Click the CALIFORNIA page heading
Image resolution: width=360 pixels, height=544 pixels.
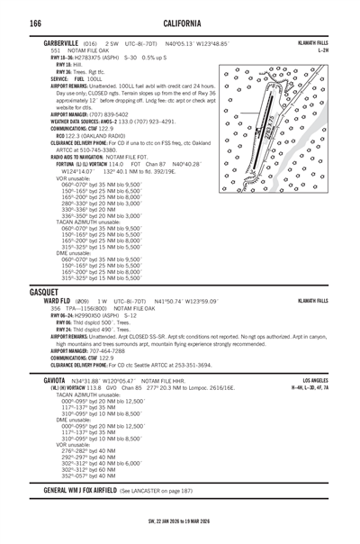click(x=179, y=23)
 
